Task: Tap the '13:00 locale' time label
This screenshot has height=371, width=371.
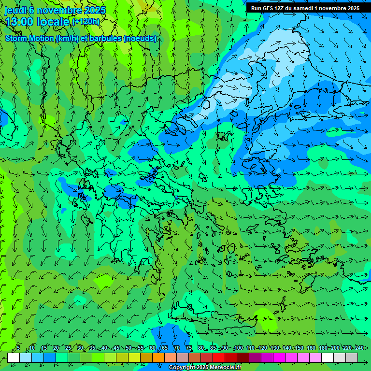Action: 37,22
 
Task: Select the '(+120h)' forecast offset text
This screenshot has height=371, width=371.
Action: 86,22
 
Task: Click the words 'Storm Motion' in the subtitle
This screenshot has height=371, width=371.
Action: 30,39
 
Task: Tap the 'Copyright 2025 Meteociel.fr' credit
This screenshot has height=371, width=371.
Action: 205,368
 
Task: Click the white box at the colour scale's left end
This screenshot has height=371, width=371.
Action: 14,357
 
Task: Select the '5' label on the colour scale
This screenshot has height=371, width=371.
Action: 18,348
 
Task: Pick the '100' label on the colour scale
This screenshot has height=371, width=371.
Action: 238,348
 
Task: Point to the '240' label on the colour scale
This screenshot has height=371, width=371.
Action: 359,348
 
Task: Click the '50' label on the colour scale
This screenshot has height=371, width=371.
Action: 128,348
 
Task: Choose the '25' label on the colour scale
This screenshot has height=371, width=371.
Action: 68,348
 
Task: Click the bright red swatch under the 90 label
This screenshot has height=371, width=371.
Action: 219,357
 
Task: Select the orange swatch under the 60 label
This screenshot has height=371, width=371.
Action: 146,357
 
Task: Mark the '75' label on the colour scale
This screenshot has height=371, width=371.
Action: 189,348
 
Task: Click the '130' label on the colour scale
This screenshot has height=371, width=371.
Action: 274,348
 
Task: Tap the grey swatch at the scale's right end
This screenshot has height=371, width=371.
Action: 352,357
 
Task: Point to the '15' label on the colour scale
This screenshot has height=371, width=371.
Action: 44,348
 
